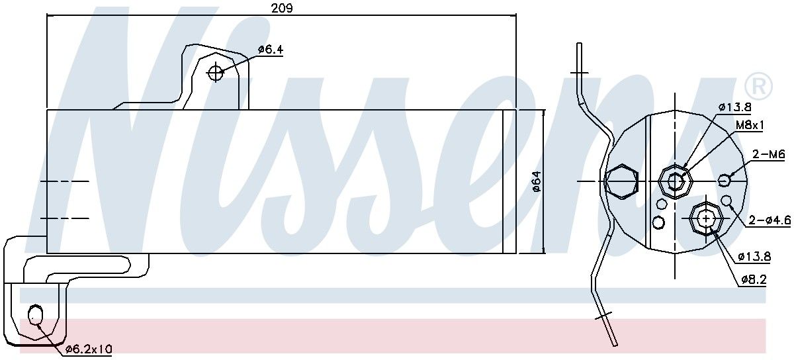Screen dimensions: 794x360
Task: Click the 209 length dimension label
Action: (x=282, y=8)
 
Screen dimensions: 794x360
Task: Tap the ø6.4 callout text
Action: (x=271, y=50)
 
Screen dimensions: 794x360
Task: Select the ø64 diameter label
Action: (x=537, y=181)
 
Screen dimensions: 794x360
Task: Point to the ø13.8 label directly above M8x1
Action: (x=735, y=107)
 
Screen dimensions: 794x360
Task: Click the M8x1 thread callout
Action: (x=750, y=125)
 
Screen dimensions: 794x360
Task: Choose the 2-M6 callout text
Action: (x=769, y=154)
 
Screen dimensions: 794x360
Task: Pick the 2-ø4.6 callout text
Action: (x=770, y=220)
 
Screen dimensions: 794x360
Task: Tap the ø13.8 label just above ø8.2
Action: (x=754, y=256)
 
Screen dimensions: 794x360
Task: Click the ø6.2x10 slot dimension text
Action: (x=89, y=349)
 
